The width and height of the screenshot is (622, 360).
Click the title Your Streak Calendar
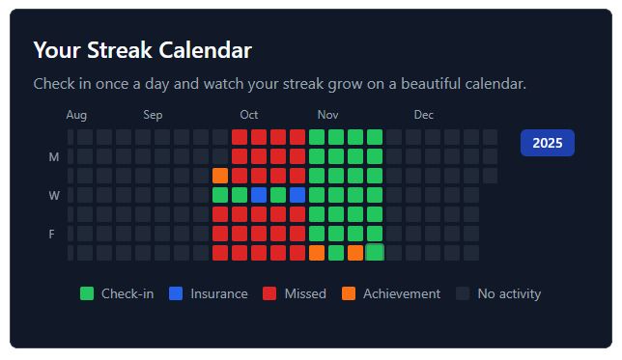click(x=142, y=50)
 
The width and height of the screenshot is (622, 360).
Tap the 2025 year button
click(x=548, y=143)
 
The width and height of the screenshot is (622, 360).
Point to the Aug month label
click(x=77, y=116)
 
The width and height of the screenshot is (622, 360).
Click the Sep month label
click(x=154, y=116)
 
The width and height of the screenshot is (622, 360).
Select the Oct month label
click(x=249, y=116)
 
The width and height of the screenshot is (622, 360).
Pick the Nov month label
click(x=327, y=116)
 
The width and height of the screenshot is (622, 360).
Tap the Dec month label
click(x=424, y=116)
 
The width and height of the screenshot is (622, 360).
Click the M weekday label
click(x=54, y=157)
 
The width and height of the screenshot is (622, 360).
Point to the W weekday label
click(x=54, y=196)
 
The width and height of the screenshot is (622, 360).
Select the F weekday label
click(x=54, y=235)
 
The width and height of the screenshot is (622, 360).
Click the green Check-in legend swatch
click(x=87, y=293)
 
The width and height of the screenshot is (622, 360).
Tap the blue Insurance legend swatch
click(x=176, y=293)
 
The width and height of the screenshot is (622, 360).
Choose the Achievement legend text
click(x=401, y=293)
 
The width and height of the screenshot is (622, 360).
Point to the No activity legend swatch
click(x=463, y=293)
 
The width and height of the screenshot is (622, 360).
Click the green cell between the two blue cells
click(x=278, y=195)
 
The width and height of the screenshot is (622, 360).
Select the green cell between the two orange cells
click(x=336, y=253)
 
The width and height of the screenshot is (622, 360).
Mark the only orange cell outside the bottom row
click(x=220, y=176)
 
